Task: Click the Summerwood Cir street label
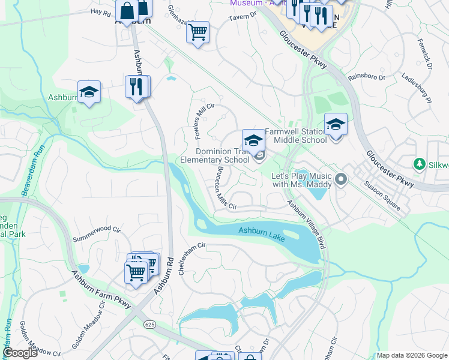(97, 233)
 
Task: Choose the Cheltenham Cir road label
(192, 258)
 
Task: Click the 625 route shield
(151, 324)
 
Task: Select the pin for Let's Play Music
(342, 179)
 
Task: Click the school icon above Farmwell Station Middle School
(336, 124)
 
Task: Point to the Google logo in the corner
(20, 353)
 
